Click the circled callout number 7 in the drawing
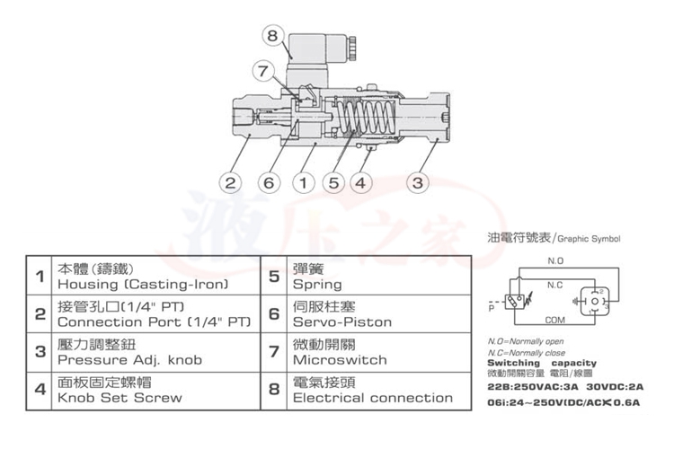[x=262, y=70]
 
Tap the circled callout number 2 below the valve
[x=230, y=183]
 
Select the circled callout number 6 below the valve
[x=267, y=183]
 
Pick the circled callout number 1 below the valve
[x=303, y=183]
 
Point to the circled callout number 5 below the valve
[x=334, y=183]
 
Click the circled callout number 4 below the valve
[x=361, y=183]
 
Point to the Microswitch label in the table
[x=340, y=359]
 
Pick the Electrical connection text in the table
[x=373, y=397]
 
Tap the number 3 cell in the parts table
[x=40, y=351]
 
